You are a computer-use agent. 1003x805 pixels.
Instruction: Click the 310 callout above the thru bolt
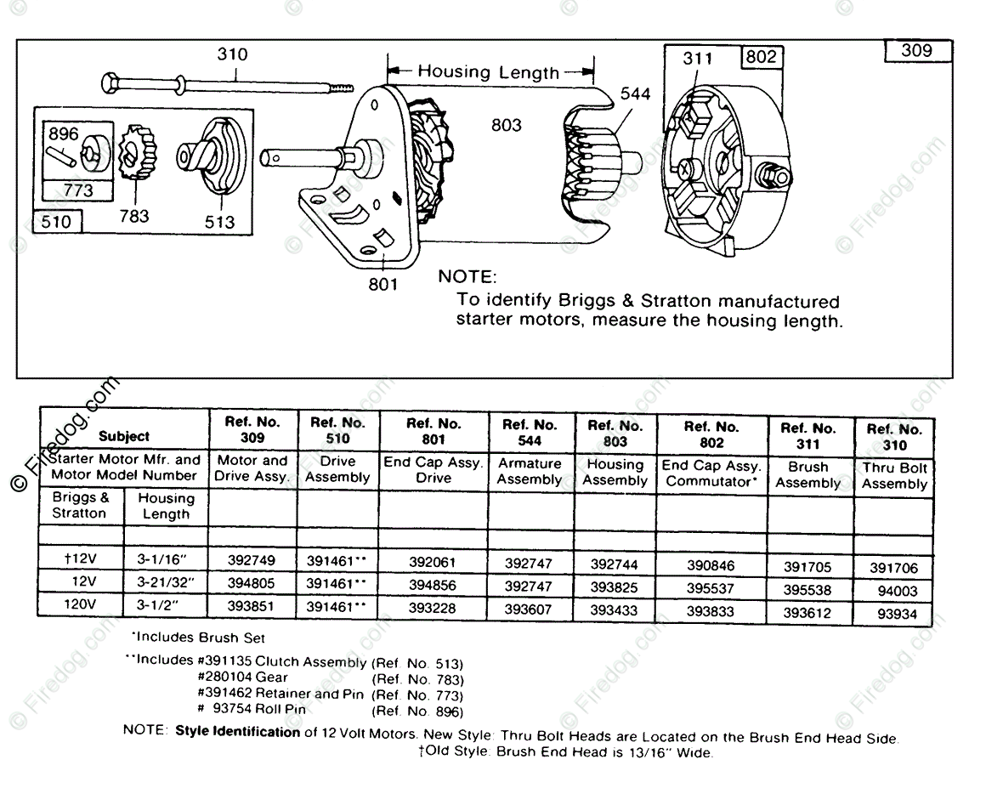pyautogui.click(x=232, y=54)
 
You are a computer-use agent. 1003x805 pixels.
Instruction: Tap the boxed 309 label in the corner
pyautogui.click(x=916, y=50)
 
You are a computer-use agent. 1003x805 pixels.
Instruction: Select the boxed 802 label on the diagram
pyautogui.click(x=761, y=57)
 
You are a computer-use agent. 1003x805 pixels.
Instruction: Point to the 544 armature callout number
pyautogui.click(x=634, y=94)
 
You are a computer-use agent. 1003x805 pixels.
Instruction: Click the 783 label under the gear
pyautogui.click(x=134, y=216)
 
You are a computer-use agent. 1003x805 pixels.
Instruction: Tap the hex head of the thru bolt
pyautogui.click(x=111, y=83)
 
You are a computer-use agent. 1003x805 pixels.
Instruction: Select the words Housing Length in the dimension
pyautogui.click(x=488, y=72)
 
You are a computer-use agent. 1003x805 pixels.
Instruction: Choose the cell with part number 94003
pyautogui.click(x=896, y=591)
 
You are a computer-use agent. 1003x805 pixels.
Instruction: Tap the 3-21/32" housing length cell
pyautogui.click(x=166, y=583)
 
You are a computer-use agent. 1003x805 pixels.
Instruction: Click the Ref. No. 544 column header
pyautogui.click(x=530, y=433)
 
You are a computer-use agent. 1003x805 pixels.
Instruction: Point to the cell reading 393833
pyautogui.click(x=711, y=611)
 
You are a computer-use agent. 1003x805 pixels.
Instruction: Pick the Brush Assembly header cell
pyautogui.click(x=807, y=474)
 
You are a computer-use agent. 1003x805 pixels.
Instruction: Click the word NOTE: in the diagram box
pyautogui.click(x=465, y=277)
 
